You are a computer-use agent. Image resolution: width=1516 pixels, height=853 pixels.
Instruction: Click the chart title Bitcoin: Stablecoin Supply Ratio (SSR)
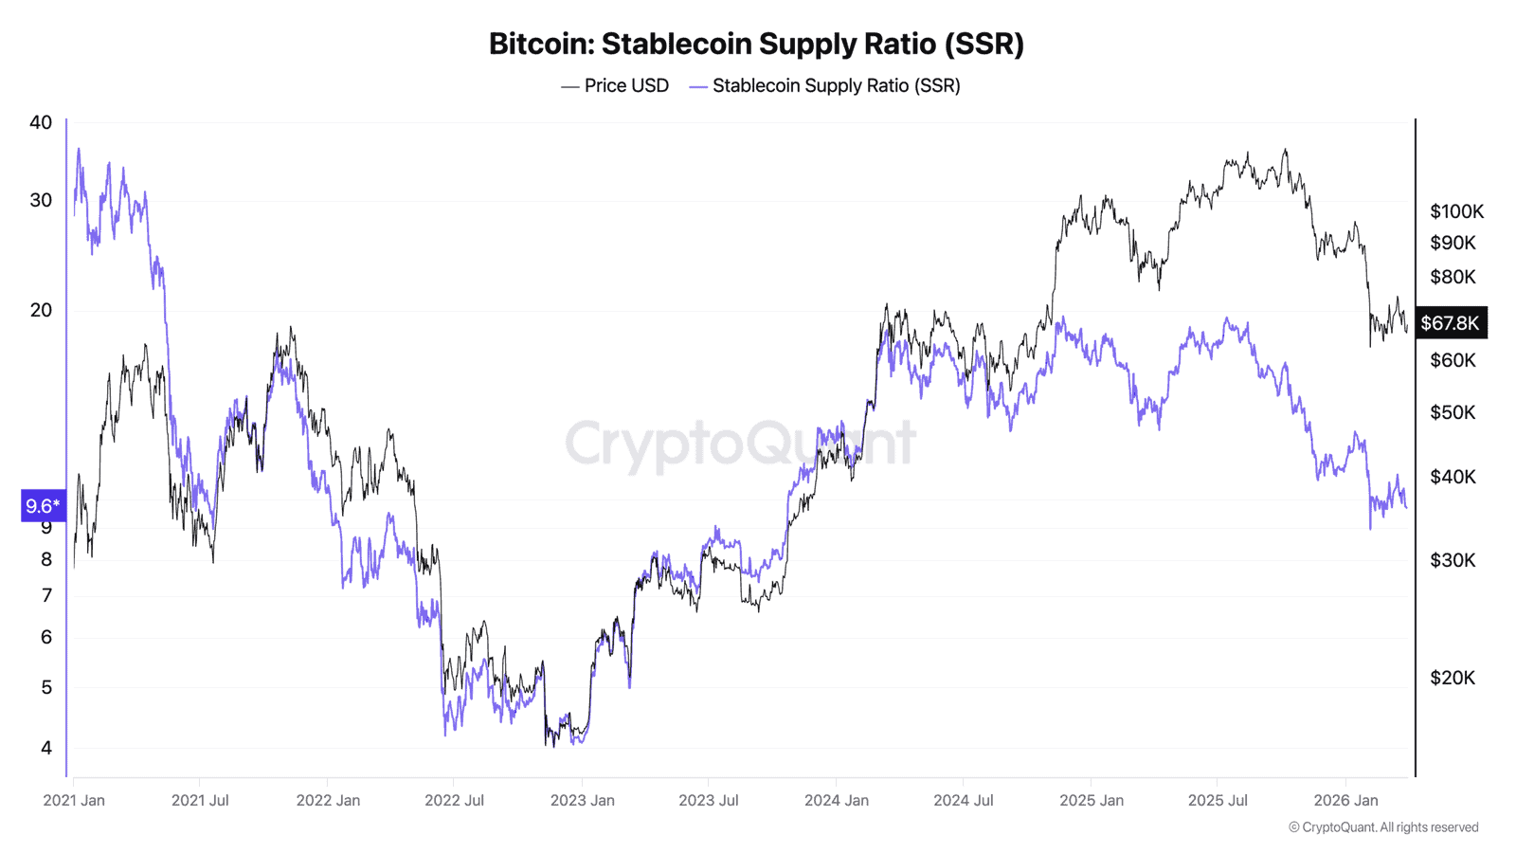click(x=756, y=44)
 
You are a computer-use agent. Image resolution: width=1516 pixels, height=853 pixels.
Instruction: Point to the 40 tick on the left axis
click(x=41, y=122)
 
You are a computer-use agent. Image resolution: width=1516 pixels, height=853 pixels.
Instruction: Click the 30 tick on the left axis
click(x=41, y=200)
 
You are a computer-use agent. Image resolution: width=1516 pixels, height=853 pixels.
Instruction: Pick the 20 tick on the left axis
click(x=41, y=310)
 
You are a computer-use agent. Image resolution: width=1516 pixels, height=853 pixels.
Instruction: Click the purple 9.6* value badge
click(x=43, y=506)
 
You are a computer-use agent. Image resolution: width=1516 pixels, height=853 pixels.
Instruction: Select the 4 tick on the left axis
click(x=46, y=748)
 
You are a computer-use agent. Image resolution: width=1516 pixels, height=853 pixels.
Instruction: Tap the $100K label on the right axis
click(x=1456, y=211)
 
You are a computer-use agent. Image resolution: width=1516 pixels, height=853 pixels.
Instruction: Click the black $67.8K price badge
click(x=1450, y=323)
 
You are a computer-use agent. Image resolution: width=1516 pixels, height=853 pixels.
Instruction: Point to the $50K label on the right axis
click(x=1453, y=412)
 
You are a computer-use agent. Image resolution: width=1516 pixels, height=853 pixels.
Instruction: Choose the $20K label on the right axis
click(x=1453, y=678)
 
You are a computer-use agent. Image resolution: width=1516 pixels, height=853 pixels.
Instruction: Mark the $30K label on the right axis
click(x=1453, y=560)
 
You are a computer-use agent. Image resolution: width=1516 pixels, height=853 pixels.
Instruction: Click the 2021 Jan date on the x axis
click(x=74, y=800)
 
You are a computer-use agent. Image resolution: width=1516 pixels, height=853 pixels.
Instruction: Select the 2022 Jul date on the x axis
click(x=454, y=800)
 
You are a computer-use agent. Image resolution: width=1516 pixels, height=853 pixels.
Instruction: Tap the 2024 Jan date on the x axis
click(x=836, y=800)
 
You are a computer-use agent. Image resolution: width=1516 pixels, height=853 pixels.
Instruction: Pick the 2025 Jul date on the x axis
click(x=1218, y=800)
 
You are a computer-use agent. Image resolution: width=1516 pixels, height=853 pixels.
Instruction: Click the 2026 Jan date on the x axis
click(x=1345, y=800)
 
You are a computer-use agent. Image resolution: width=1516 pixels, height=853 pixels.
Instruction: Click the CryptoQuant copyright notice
click(x=1383, y=827)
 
